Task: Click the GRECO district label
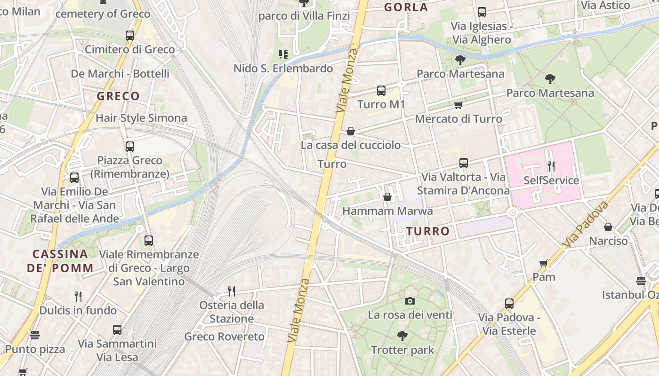click(x=118, y=96)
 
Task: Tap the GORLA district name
click(x=406, y=7)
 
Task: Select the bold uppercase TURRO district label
click(x=428, y=231)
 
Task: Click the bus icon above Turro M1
click(x=381, y=91)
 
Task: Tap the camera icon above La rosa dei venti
click(x=410, y=301)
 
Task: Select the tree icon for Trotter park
click(x=402, y=336)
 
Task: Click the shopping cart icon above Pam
click(x=544, y=263)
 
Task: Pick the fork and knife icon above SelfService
click(x=551, y=166)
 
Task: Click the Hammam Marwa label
click(x=387, y=211)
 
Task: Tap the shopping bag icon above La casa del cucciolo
click(x=350, y=131)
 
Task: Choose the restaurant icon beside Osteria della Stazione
click(x=231, y=291)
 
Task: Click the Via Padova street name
click(x=586, y=225)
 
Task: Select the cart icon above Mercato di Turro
click(x=458, y=105)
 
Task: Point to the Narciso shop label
click(x=609, y=241)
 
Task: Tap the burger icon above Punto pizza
click(x=35, y=335)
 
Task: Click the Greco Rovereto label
click(x=225, y=337)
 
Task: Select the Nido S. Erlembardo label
click(x=283, y=69)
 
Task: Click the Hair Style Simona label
click(x=141, y=118)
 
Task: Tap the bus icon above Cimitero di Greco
click(x=129, y=35)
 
